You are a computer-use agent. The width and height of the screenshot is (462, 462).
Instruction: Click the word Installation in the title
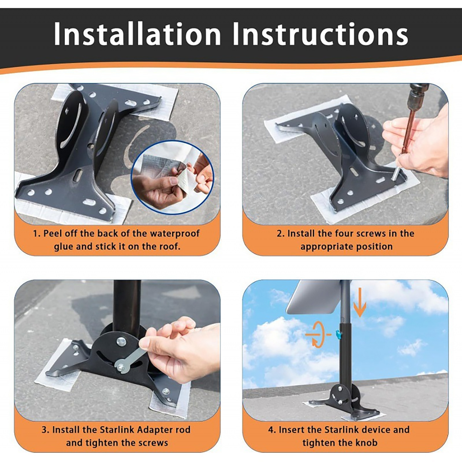(x=137, y=34)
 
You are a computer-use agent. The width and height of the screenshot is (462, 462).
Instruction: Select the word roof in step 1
(x=170, y=247)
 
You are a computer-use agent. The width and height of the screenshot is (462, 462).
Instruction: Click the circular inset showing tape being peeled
(x=172, y=178)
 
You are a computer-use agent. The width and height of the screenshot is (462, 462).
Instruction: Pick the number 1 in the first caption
(x=35, y=234)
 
